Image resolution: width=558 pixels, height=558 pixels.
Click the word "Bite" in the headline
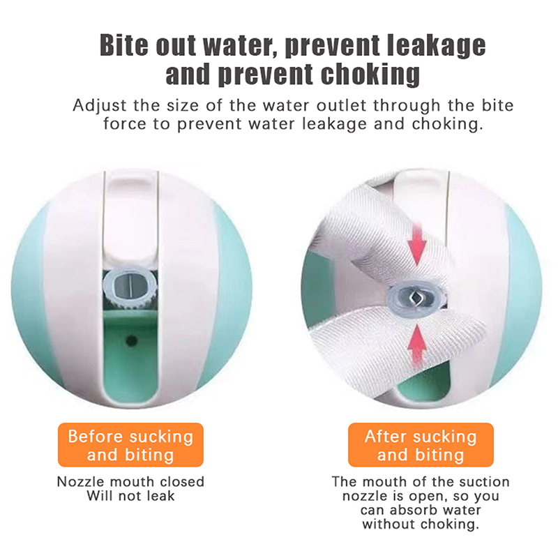point(124,45)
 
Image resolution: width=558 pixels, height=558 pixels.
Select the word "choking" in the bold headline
point(370,75)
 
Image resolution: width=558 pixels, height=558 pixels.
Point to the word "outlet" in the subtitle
point(341,105)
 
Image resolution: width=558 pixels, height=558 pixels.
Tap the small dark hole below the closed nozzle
point(132,341)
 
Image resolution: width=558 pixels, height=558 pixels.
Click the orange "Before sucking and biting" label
point(130,445)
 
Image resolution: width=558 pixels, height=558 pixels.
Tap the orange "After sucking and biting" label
point(421,445)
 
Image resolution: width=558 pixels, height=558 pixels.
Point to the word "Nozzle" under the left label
point(81,482)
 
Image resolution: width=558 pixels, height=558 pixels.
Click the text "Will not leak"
point(131,496)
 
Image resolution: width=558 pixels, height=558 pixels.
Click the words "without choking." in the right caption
point(421,525)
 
